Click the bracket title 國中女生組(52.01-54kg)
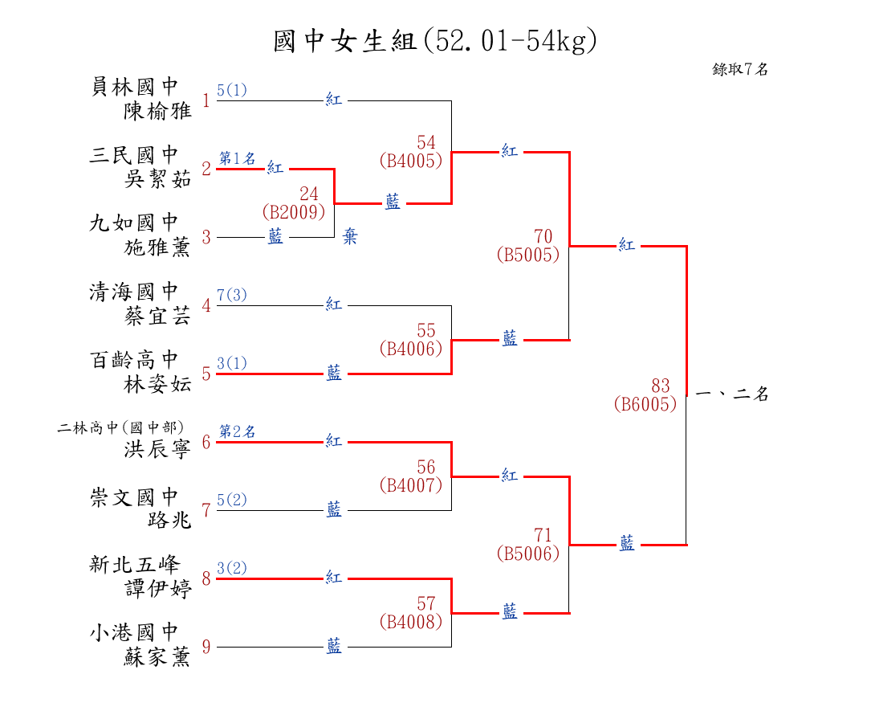[x=435, y=41]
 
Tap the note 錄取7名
[x=740, y=70]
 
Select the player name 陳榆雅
[x=158, y=111]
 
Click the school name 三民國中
[x=133, y=155]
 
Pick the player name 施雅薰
[x=158, y=247]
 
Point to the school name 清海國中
[x=133, y=292]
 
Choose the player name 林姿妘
[x=158, y=384]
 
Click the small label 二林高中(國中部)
[x=121, y=427]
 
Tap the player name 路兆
[x=169, y=521]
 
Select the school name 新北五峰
[x=133, y=565]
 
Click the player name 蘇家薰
[x=158, y=657]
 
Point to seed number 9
[x=206, y=647]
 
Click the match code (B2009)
[x=294, y=212]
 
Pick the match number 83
[x=660, y=386]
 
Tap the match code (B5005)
[x=528, y=255]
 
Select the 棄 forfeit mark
[x=350, y=238]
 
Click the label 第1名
[x=237, y=158]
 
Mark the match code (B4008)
[x=411, y=621]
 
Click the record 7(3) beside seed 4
[x=232, y=296]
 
